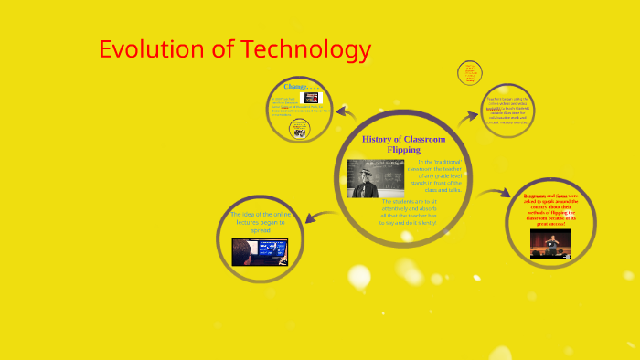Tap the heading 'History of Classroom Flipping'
(x=403, y=143)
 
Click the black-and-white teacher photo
(x=375, y=178)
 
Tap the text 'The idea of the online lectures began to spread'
(x=259, y=222)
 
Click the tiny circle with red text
(x=471, y=72)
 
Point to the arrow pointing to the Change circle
(x=345, y=113)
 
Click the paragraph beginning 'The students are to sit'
(x=409, y=211)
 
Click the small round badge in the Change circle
(x=297, y=129)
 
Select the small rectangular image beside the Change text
(x=312, y=97)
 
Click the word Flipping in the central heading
(x=403, y=149)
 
